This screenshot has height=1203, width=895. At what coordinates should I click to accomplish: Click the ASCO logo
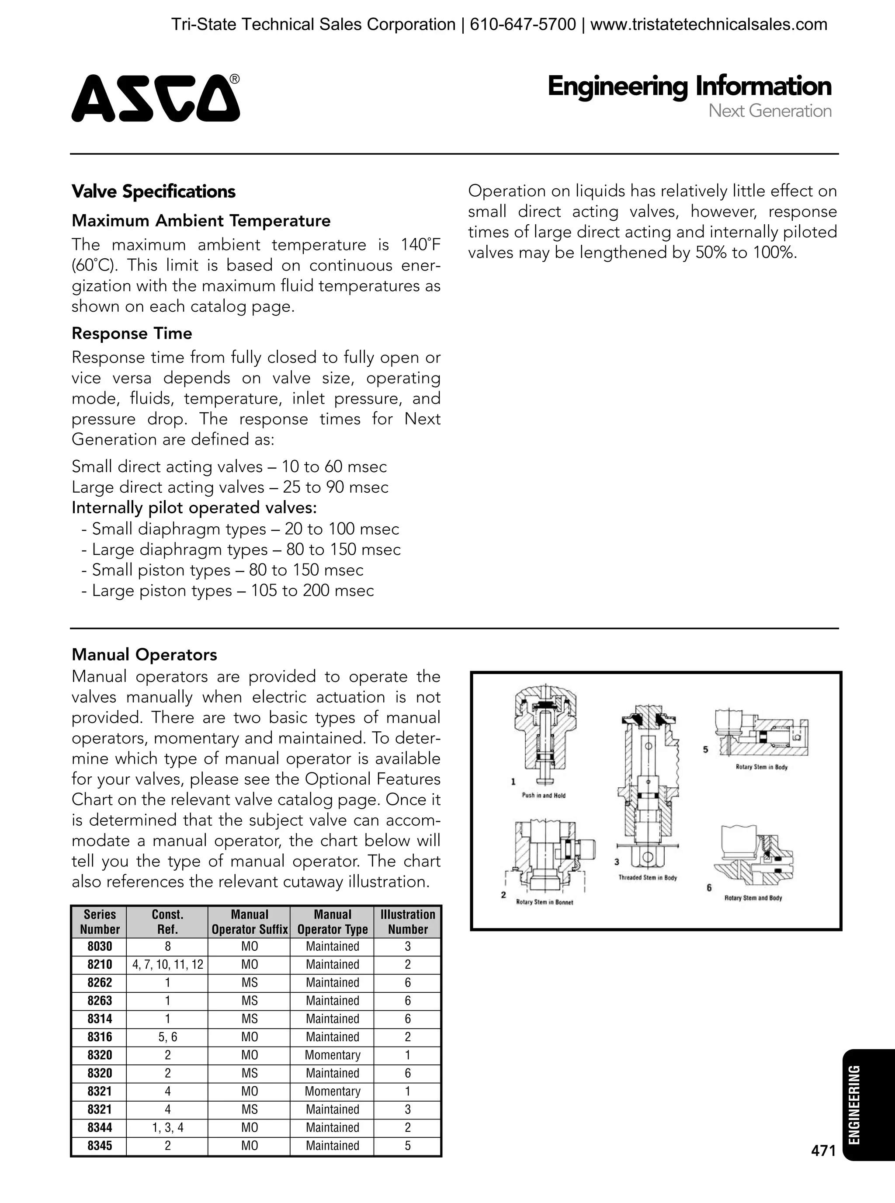click(156, 98)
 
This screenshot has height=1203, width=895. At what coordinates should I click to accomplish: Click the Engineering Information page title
click(689, 86)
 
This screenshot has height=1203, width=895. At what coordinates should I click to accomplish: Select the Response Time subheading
click(132, 333)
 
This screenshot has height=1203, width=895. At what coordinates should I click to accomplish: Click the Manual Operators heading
click(144, 654)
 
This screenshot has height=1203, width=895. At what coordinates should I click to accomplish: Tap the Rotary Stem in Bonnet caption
click(544, 902)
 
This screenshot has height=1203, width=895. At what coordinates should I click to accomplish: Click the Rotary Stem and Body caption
click(753, 898)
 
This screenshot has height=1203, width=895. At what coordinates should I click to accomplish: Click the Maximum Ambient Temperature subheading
click(201, 221)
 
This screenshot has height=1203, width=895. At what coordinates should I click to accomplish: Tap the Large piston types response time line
click(228, 590)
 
